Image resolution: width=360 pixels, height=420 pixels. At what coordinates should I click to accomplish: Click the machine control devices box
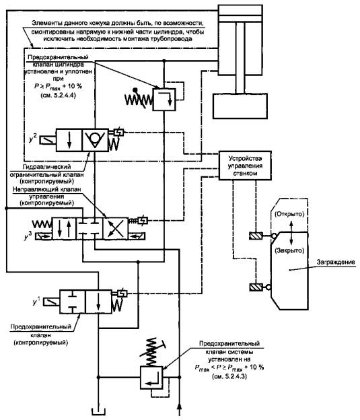(245, 166)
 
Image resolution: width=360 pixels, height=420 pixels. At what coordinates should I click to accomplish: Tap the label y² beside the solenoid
(33, 139)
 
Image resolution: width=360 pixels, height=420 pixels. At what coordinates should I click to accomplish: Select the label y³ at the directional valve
(28, 236)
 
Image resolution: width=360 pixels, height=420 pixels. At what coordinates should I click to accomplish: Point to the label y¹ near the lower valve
(36, 301)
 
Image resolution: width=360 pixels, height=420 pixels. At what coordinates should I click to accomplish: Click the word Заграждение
(336, 262)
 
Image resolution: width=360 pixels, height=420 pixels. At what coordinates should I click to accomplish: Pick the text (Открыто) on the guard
(289, 214)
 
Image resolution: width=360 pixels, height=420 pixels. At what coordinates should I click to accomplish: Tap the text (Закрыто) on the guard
(289, 250)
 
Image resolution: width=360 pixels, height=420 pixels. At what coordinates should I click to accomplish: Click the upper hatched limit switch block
(256, 236)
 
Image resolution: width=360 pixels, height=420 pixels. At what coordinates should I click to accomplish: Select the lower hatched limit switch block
(256, 287)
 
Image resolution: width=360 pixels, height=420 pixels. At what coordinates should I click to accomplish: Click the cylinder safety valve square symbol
(164, 100)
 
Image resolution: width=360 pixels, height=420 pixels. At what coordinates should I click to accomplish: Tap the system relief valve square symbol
(151, 378)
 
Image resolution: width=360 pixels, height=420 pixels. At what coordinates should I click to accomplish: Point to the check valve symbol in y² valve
(95, 141)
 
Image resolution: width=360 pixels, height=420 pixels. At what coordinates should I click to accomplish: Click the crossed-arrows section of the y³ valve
(116, 228)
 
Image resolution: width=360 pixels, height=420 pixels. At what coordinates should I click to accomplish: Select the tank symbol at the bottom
(98, 412)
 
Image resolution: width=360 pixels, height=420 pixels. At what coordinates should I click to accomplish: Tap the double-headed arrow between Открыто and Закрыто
(291, 232)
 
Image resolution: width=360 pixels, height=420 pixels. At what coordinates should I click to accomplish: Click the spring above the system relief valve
(152, 351)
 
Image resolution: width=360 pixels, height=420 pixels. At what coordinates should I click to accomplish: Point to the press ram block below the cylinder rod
(240, 106)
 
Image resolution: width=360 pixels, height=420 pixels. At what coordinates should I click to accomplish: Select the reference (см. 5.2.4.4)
(58, 96)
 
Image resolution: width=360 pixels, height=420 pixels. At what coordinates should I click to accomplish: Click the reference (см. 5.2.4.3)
(229, 376)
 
